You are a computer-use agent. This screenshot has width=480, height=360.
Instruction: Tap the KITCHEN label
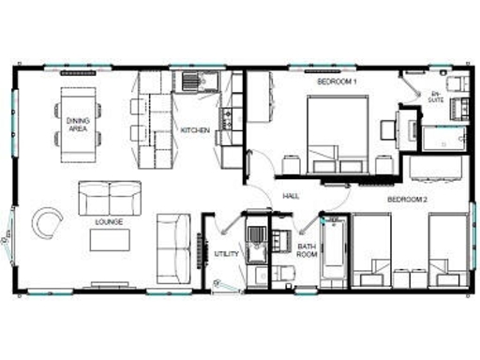tap(194, 129)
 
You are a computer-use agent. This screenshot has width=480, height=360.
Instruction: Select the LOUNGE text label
tap(110, 222)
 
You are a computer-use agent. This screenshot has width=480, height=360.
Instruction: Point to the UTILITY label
tap(227, 254)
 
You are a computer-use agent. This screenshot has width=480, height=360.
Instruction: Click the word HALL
tap(291, 196)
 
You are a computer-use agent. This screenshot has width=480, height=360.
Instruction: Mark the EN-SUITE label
tap(436, 97)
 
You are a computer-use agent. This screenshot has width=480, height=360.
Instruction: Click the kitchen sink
tap(196, 81)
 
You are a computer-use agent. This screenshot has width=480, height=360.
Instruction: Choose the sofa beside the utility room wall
tap(173, 241)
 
